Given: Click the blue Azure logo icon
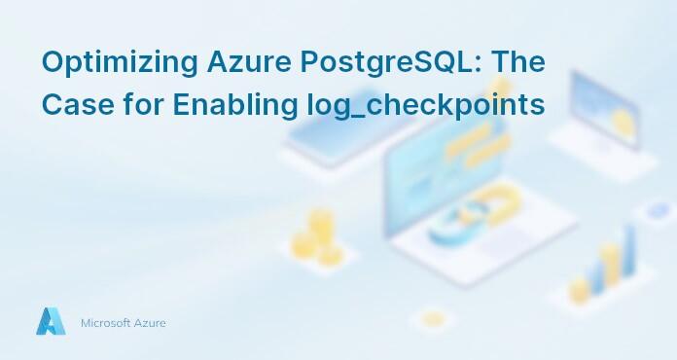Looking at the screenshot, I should (51, 321).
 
